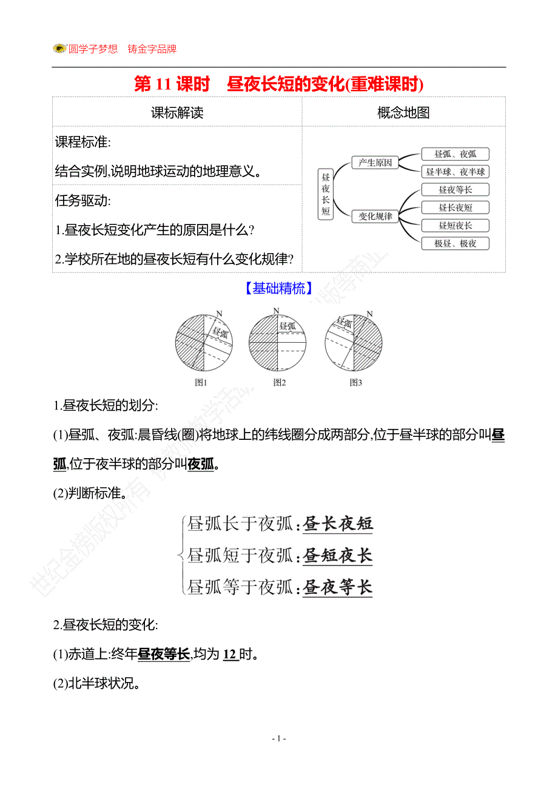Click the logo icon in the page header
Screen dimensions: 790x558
(59, 49)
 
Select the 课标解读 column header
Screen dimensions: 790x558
(177, 112)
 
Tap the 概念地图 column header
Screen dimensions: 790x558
(403, 112)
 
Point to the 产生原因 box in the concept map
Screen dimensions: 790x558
(375, 163)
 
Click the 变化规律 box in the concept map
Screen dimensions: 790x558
(375, 216)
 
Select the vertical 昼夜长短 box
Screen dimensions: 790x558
(326, 194)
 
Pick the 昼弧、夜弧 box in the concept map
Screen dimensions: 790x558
(455, 154)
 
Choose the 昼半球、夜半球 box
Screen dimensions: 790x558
(455, 172)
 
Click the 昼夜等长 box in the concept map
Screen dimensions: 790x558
(455, 190)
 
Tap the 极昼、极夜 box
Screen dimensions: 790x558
(455, 243)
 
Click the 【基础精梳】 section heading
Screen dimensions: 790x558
(278, 289)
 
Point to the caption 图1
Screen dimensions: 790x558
(201, 382)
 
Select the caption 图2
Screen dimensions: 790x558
(280, 382)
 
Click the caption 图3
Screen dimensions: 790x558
(356, 382)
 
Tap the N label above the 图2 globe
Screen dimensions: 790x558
(276, 311)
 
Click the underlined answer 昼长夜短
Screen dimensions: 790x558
(338, 524)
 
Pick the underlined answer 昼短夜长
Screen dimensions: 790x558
(338, 555)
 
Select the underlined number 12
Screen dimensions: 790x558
(230, 655)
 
